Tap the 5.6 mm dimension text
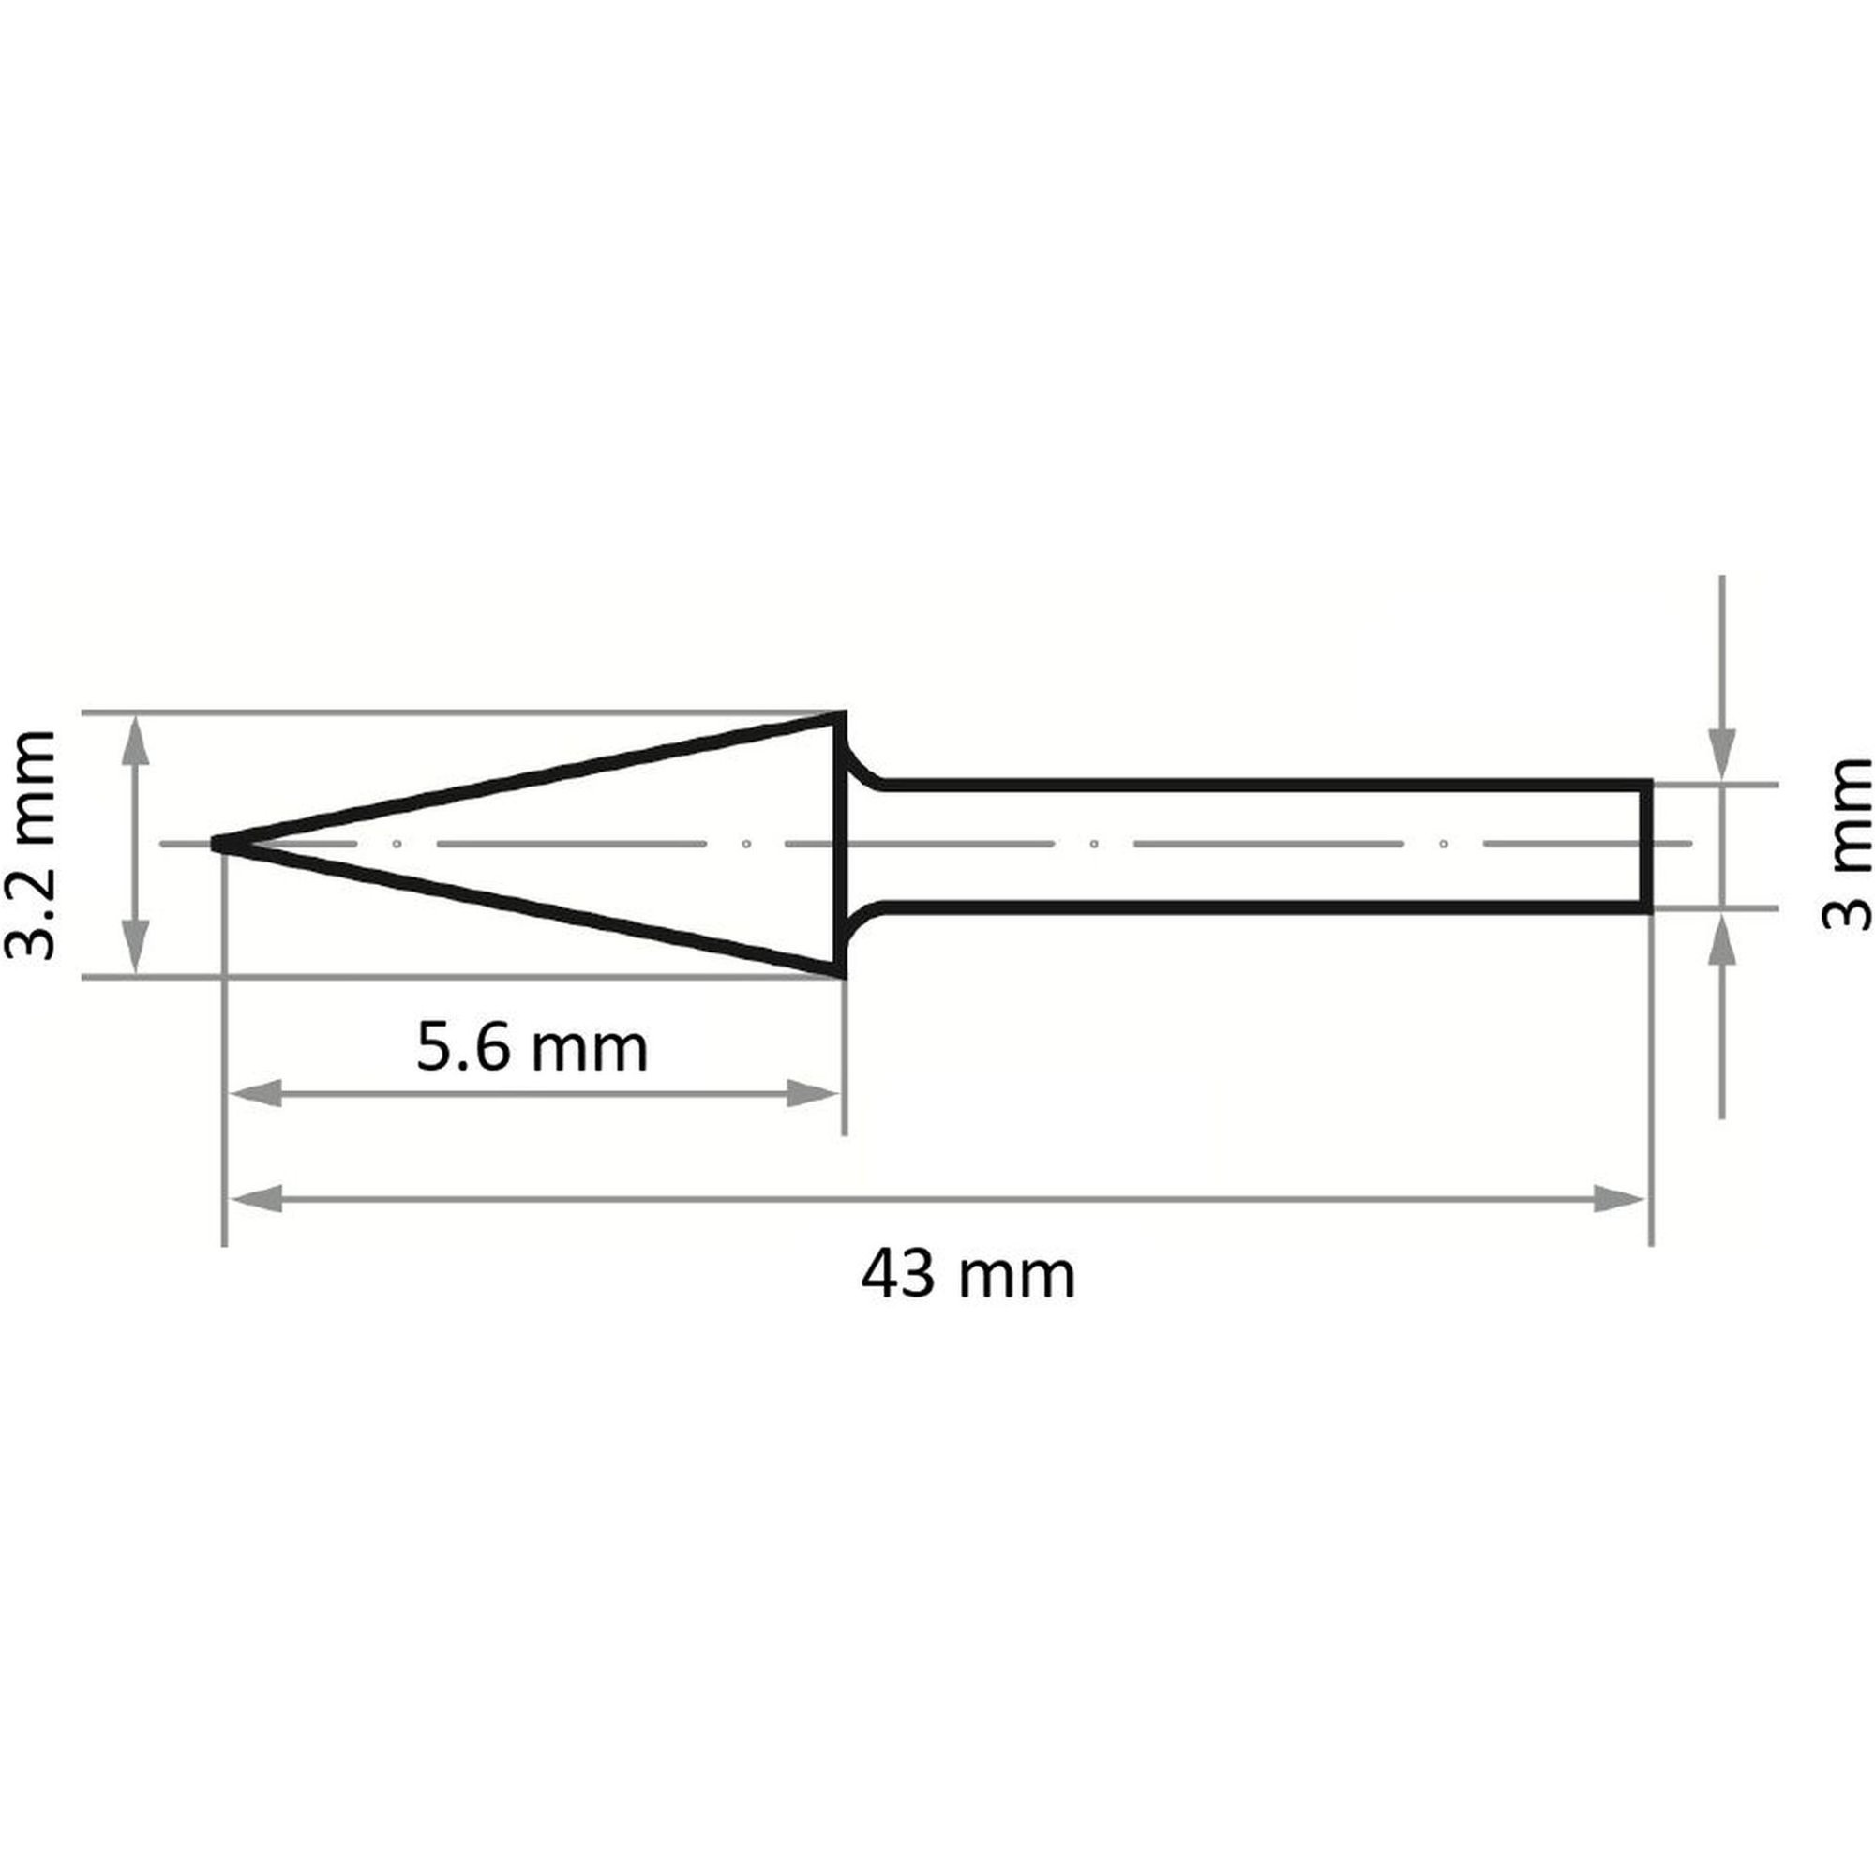(532, 1048)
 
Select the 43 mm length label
(967, 1275)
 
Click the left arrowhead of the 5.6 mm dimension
(254, 1094)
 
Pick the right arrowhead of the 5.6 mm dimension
(813, 1094)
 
